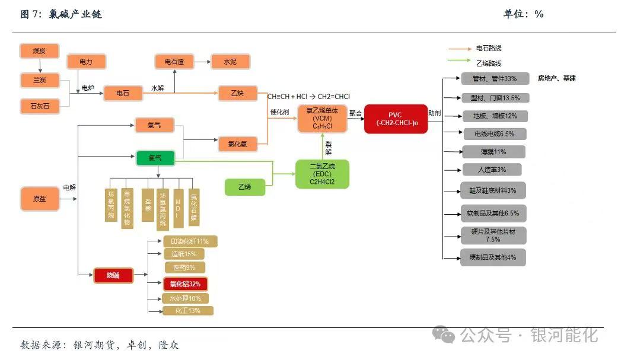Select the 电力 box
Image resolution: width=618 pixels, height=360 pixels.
(x=86, y=61)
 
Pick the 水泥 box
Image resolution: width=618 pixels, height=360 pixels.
(x=230, y=61)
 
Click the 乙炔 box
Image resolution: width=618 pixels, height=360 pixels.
(x=237, y=93)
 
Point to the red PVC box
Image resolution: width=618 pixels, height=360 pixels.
(x=396, y=119)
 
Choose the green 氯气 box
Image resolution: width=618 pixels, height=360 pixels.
(x=155, y=158)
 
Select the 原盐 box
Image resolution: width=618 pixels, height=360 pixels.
(x=40, y=198)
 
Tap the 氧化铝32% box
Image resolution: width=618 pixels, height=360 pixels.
(x=185, y=284)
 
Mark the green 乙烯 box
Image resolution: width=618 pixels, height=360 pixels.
(x=244, y=187)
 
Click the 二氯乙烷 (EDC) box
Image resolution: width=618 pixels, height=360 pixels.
(x=323, y=174)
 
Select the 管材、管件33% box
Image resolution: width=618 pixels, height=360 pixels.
(x=494, y=78)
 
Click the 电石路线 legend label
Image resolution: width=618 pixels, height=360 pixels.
(x=489, y=48)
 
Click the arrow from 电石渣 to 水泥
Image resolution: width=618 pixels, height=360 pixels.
(x=202, y=61)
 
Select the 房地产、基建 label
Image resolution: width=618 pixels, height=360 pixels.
(x=556, y=78)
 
